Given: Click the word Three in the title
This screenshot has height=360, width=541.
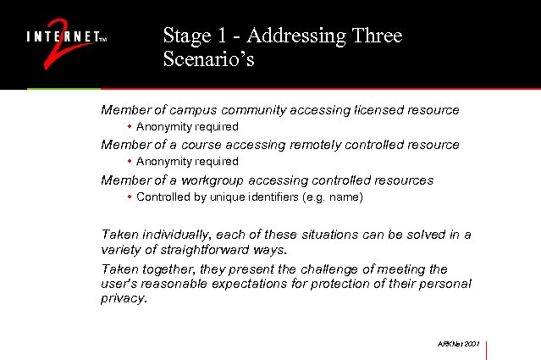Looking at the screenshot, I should [x=375, y=36].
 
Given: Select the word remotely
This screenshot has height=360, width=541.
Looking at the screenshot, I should [x=313, y=145].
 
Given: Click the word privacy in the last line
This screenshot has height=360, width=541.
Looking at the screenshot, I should [x=123, y=299].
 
